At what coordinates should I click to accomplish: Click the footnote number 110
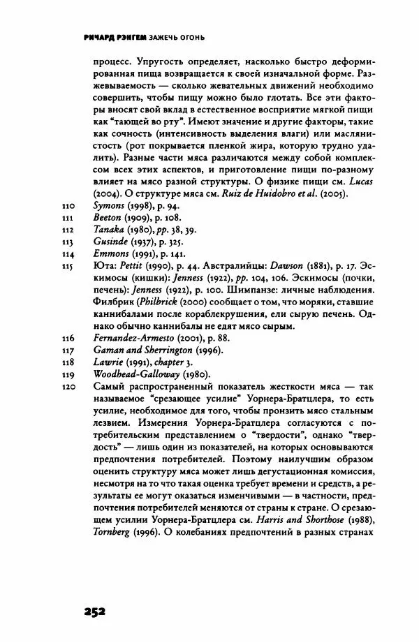[68, 207]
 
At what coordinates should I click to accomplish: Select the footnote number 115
[68, 265]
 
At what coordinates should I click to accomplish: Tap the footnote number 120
[68, 387]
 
